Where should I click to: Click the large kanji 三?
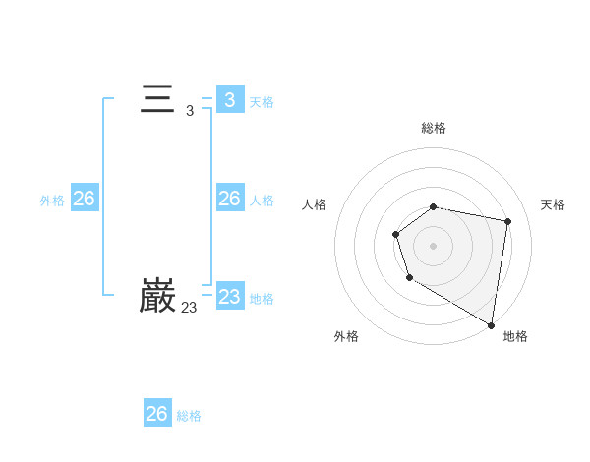pos(157,100)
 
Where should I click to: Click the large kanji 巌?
pos(157,297)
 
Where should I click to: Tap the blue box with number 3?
pos(230,100)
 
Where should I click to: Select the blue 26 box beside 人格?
pos(230,199)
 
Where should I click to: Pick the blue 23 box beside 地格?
pos(230,297)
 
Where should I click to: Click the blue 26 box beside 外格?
pos(85,199)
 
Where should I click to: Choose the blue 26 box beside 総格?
pos(157,414)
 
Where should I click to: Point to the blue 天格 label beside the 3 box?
pos(262,102)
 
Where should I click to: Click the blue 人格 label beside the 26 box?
pos(262,201)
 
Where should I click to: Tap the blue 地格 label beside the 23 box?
pos(262,299)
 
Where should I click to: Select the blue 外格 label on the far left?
pos(52,201)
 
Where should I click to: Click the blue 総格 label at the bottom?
pos(189,416)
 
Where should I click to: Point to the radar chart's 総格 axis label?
pos(434,128)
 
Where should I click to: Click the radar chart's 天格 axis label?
pos(554,204)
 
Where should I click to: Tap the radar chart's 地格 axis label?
pos(515,336)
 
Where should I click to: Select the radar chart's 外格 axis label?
pos(346,336)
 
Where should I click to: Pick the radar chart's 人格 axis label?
pos(314,204)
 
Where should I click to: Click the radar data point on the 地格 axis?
pos(492,324)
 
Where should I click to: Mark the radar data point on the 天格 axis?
pos(507,221)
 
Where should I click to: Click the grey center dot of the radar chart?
pos(434,245)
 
